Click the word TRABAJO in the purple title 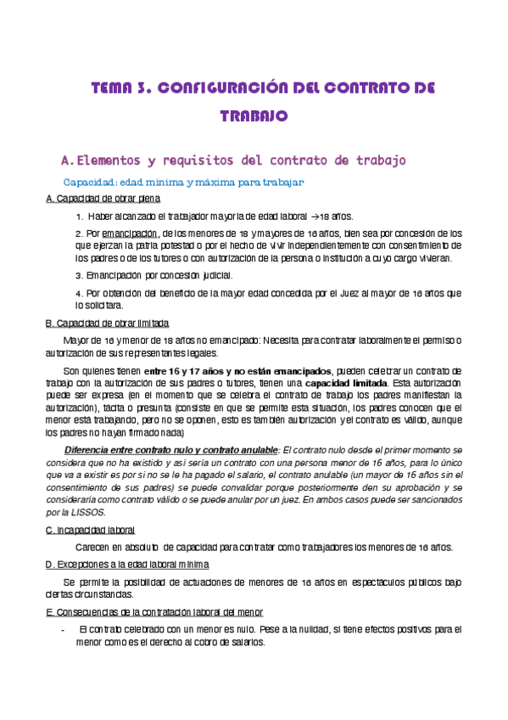pos(254,115)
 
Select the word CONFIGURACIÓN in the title pos(224,87)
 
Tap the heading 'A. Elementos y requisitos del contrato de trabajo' pos(234,160)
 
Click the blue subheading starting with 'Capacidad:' pos(183,183)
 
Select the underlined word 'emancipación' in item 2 pos(130,233)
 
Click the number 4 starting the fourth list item pos(78,293)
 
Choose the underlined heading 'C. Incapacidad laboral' pos(88,530)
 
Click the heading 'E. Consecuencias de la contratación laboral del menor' pos(154,612)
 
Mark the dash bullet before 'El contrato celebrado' pos(64,630)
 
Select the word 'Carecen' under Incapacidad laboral pos(93,547)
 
